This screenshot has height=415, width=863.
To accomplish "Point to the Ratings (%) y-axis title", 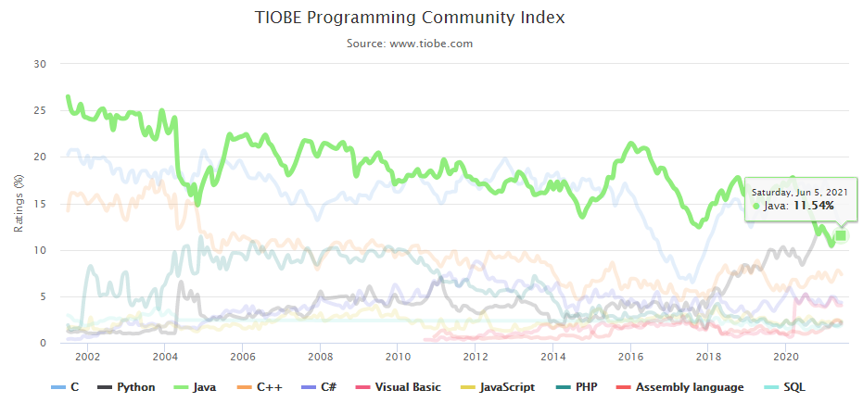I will point(19,203).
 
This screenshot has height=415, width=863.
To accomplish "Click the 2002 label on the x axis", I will point(87,357).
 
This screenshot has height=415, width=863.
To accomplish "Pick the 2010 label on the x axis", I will point(398,357).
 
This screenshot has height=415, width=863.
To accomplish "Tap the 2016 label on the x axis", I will point(630,357).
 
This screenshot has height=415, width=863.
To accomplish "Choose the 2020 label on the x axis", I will point(786,357).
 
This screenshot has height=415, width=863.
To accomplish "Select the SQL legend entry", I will point(798,387).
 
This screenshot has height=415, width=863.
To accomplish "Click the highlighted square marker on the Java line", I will point(841,235).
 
